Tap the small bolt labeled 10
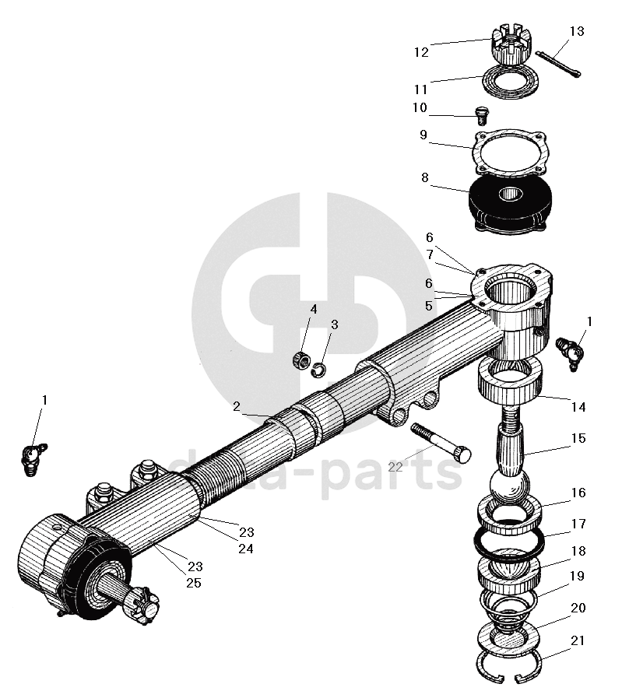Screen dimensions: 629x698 tap(481, 116)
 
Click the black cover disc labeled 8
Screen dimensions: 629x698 tap(509, 204)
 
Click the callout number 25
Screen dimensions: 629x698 tap(194, 582)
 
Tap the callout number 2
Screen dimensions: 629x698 tap(236, 406)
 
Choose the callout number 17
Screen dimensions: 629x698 tap(578, 524)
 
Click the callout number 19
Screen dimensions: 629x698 tap(577, 577)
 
